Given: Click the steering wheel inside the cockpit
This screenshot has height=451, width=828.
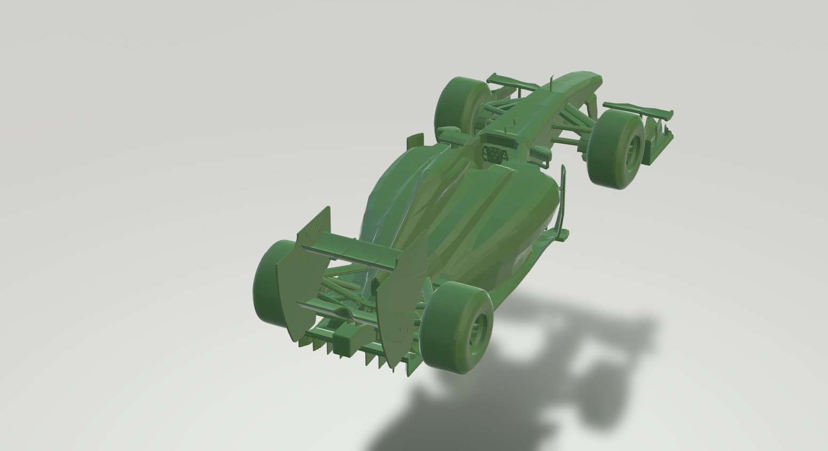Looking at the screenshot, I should [495, 154].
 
